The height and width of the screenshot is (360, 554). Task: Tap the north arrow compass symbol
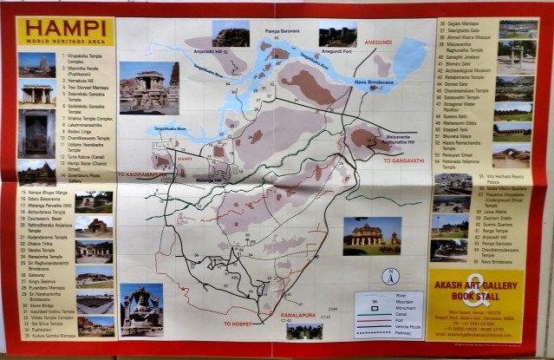point(392,278)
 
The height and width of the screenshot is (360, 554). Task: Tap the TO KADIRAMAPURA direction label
point(142,174)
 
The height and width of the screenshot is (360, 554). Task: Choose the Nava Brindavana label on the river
point(373,82)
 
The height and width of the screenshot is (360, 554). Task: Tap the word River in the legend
point(401,295)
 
